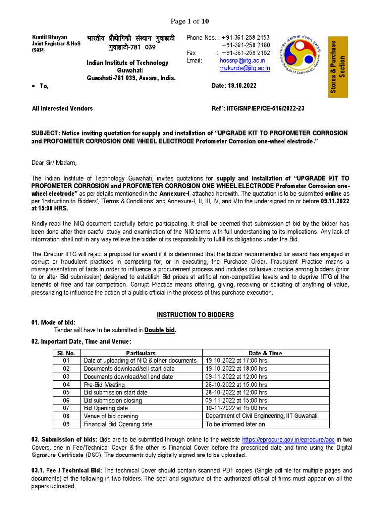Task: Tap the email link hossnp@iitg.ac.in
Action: click(239, 60)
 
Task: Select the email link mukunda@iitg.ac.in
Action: click(244, 68)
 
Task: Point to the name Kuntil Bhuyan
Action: click(49, 38)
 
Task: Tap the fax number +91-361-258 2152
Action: click(245, 52)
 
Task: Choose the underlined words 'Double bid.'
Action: click(160, 330)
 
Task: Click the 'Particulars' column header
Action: click(141, 353)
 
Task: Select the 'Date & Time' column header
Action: click(265, 353)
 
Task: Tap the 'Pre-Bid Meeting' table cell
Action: click(104, 385)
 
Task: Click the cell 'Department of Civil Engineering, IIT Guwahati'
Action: click(261, 416)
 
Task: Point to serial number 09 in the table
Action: click(67, 424)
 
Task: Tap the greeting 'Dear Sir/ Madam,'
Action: click(54, 162)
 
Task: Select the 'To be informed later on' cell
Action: click(236, 424)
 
